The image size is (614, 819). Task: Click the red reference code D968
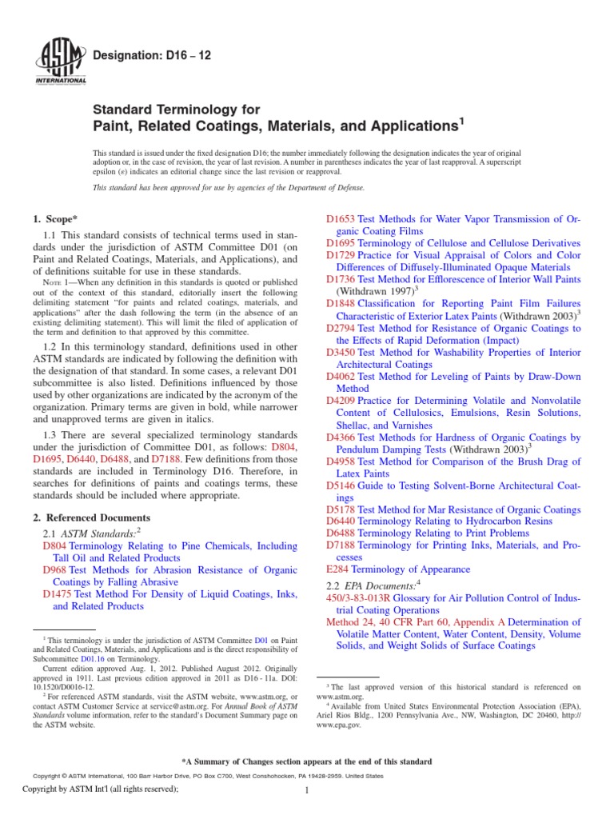pos(55,570)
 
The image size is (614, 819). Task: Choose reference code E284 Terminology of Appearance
pos(337,569)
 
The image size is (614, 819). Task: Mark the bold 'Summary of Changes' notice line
pos(307,761)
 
